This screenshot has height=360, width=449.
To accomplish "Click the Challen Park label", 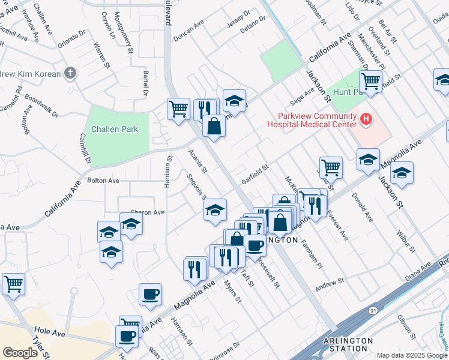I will (114, 129).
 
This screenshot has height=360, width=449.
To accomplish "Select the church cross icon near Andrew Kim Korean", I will (71, 74).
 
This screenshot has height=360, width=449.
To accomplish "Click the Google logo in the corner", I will (20, 353).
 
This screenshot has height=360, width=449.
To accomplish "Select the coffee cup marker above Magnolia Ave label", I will (149, 294).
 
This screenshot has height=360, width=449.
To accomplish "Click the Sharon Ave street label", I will (148, 212).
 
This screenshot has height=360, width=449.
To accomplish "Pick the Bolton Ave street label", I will (103, 180).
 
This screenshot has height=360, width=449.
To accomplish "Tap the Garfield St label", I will (255, 174).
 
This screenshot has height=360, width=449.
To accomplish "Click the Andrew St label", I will (330, 284).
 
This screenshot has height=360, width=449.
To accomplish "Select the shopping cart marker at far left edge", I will (13, 284).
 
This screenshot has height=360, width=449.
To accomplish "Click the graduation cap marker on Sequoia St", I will (215, 210).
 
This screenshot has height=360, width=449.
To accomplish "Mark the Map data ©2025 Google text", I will (411, 355).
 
